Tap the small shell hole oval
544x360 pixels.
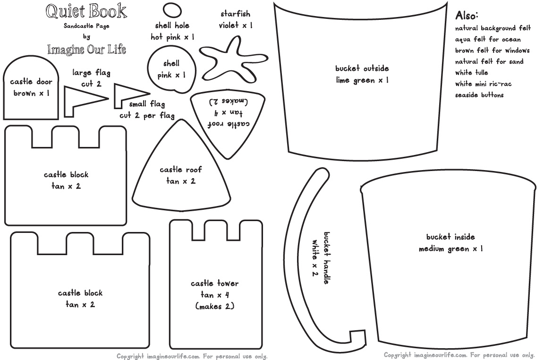pos(172,10)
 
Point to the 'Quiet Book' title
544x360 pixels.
pos(86,10)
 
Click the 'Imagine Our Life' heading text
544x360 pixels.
pos(86,49)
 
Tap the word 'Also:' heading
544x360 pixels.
pos(467,15)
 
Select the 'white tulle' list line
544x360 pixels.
pos(472,73)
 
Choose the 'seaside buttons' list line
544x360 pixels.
pos(479,95)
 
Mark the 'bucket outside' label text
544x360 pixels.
pos(362,69)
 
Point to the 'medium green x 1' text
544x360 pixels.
pos(450,249)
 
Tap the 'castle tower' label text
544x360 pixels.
pos(215,283)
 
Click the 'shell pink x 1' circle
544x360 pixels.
pos(171,69)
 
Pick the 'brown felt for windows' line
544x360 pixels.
pos(492,51)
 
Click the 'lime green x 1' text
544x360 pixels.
pos(362,80)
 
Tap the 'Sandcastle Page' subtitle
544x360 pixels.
pos(86,26)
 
